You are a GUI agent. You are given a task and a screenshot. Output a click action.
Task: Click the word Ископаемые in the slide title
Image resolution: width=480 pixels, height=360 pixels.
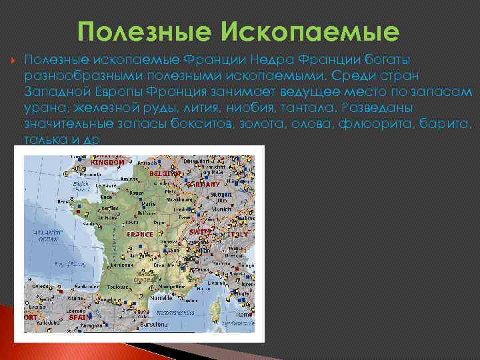[325, 31]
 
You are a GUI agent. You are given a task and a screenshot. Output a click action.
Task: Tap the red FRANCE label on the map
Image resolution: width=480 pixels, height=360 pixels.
[141, 235]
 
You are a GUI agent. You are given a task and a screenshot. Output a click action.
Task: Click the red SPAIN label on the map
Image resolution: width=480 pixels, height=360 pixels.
[81, 317]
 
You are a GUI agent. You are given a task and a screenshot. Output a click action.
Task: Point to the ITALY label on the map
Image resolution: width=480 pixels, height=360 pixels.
[238, 235]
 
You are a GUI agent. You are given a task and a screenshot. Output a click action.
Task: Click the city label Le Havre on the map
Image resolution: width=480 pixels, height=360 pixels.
[110, 186]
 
